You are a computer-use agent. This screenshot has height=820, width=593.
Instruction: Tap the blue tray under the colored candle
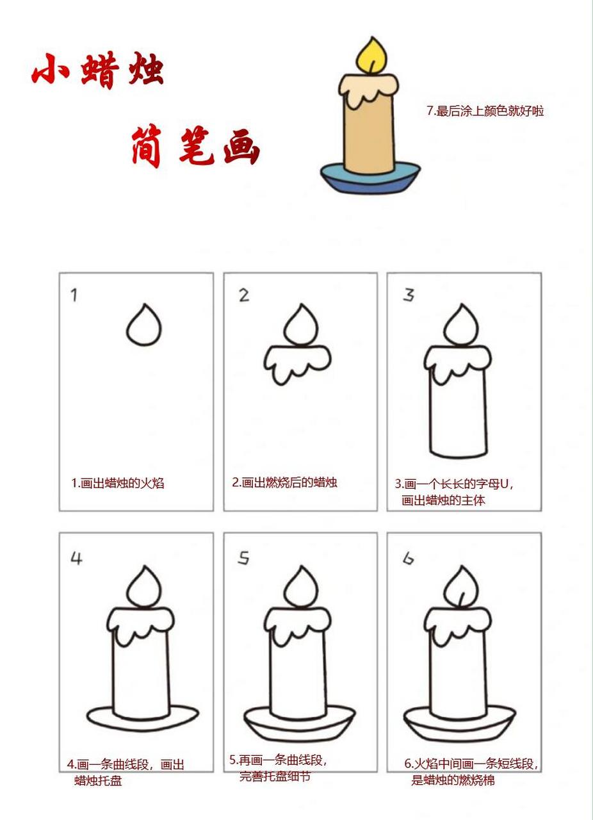(370, 179)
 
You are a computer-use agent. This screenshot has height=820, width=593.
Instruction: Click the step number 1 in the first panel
(74, 295)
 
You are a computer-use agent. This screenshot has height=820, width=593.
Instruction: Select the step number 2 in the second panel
(243, 295)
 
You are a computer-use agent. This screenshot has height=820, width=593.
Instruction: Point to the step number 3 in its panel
(408, 295)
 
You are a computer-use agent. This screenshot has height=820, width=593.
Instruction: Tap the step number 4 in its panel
(76, 559)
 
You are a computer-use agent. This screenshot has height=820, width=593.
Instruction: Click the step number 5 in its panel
(243, 559)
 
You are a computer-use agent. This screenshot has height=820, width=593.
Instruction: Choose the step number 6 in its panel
(408, 559)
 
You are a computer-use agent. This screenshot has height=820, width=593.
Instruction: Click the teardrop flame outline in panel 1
(143, 326)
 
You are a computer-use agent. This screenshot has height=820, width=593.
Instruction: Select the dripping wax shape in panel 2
(297, 363)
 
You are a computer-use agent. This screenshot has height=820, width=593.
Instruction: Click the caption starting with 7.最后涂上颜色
(485, 111)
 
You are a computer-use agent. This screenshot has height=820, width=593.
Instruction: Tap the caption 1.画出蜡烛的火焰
(117, 483)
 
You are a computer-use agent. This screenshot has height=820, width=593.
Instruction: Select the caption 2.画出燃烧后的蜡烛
(284, 482)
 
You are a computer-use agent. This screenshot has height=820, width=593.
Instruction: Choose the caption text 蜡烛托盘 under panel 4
(98, 780)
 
